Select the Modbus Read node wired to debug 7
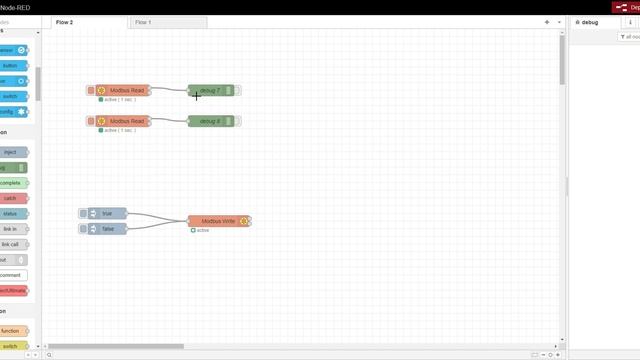(124, 91)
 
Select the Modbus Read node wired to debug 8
(124, 121)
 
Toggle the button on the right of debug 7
(238, 91)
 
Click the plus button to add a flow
(546, 21)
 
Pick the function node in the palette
(11, 330)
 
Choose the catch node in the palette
(11, 198)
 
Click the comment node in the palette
(11, 275)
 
